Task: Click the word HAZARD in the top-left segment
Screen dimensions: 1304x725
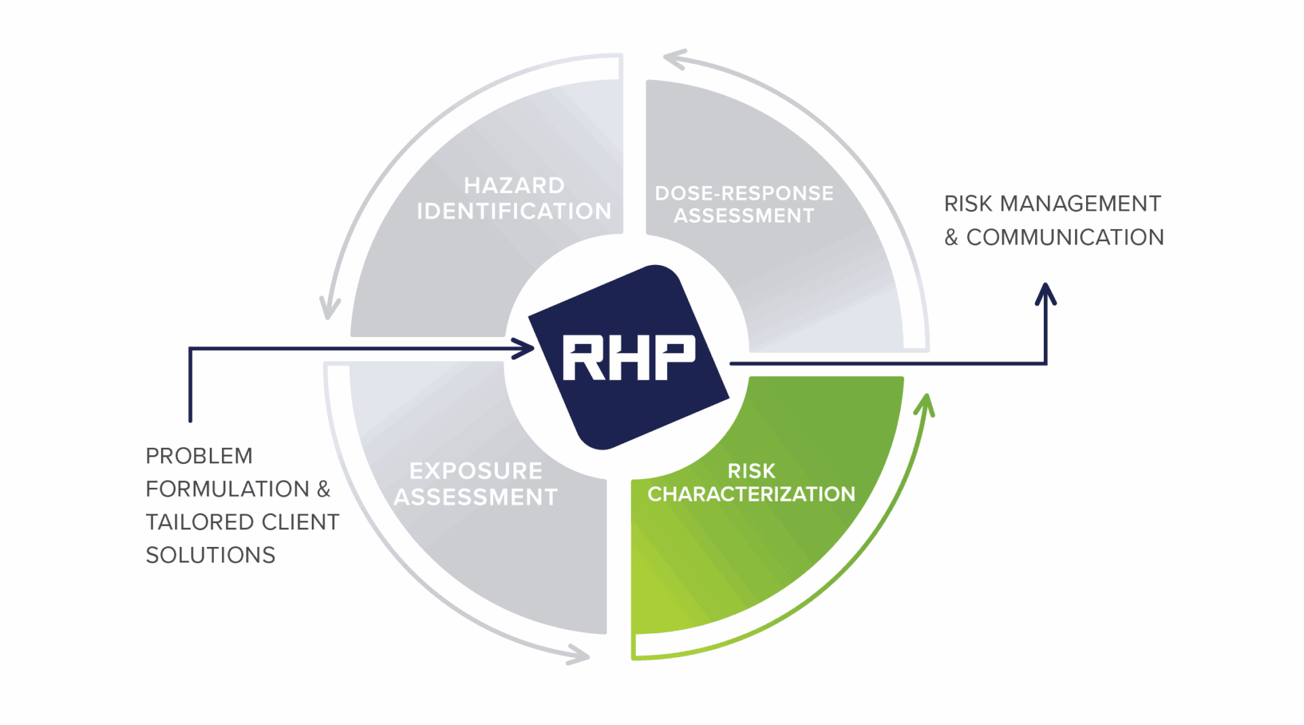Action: (x=514, y=185)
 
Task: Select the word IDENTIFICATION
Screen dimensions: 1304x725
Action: (x=514, y=211)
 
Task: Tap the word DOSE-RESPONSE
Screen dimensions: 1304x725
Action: (x=744, y=193)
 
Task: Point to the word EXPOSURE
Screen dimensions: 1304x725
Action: (x=475, y=471)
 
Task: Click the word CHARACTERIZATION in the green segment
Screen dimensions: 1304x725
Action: (x=751, y=494)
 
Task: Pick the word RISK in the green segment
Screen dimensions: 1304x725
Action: (x=751, y=471)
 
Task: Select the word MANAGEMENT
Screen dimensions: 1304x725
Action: (x=1081, y=203)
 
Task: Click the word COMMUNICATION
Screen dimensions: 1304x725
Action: (x=1065, y=237)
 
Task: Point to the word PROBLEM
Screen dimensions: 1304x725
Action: (x=199, y=456)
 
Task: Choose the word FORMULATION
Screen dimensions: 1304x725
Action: (x=228, y=489)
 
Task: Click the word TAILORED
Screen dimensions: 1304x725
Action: (x=200, y=522)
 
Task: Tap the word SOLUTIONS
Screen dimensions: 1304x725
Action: (x=211, y=555)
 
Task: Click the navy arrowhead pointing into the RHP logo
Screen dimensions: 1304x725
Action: (x=523, y=349)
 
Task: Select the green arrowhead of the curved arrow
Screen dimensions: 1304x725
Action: (x=925, y=404)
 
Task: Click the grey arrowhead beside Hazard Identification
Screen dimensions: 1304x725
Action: (x=330, y=308)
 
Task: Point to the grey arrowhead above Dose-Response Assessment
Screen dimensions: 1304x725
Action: (x=676, y=59)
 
